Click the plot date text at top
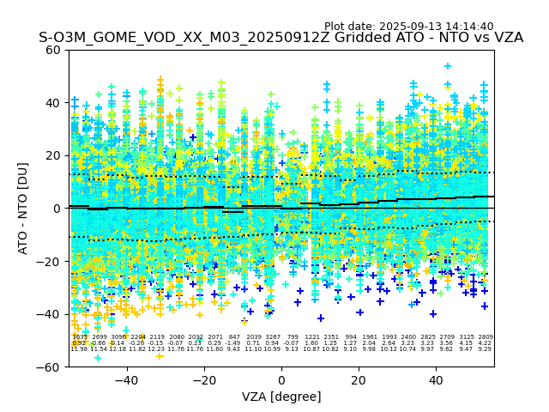408,27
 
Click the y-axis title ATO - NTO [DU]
23,208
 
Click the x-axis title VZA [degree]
281,397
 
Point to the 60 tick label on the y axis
53,50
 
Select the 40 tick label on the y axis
53,103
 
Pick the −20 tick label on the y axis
49,262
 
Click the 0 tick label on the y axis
57,209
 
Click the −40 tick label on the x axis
126,379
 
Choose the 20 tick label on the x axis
359,379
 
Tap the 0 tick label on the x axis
281,379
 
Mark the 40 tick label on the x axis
436,379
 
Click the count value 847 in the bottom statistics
234,337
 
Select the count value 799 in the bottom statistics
293,337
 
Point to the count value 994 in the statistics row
351,337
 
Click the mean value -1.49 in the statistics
234,343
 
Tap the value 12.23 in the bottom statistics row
156,349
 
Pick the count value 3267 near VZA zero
273,337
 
